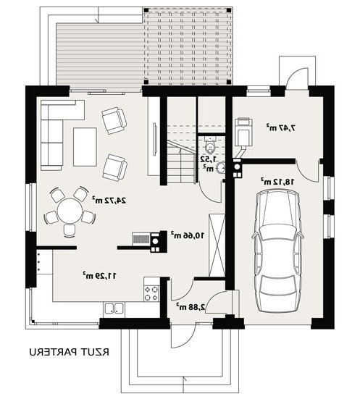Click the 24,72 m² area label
[x=109, y=201]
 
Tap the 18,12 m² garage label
[x=277, y=182]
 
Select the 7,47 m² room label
[x=281, y=127]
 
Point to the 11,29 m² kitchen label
[x=99, y=276]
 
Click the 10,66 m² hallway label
[x=188, y=235]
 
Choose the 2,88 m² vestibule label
[x=191, y=307]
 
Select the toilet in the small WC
[x=210, y=145]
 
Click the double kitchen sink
[x=114, y=308]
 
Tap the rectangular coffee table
[x=85, y=147]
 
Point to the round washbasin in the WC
[x=220, y=168]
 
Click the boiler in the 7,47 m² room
[x=243, y=133]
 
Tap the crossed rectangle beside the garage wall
[x=217, y=245]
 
